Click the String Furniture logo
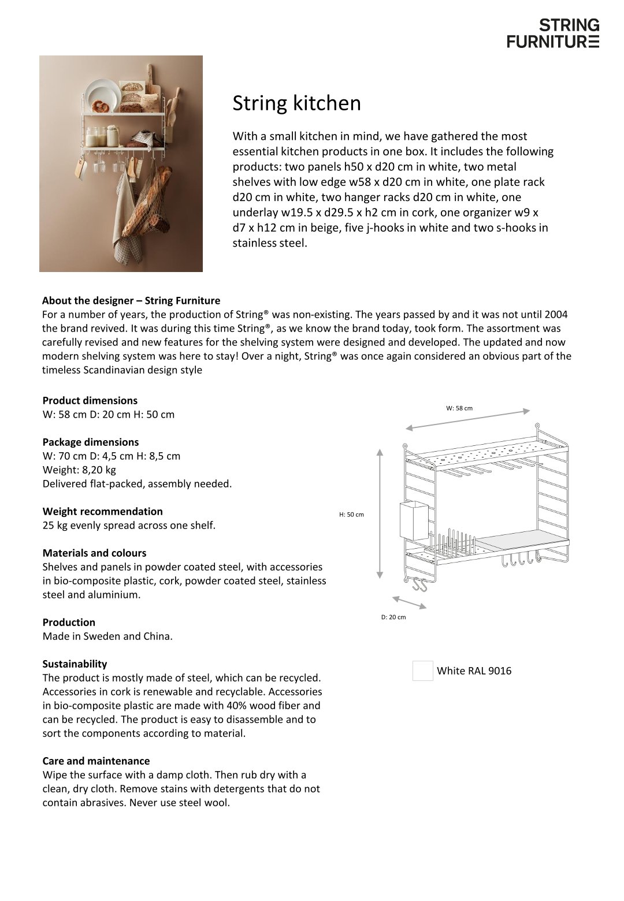tap(553, 33)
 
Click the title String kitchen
tap(296, 103)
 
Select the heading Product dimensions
tap(90, 400)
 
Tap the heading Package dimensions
tap(91, 442)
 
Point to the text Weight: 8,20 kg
tap(79, 470)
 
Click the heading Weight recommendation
tap(103, 511)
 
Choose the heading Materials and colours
tap(95, 553)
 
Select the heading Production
tap(69, 622)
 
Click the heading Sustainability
tap(75, 664)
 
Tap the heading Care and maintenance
tap(96, 761)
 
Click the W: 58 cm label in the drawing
tap(459, 408)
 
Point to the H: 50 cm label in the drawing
tap(351, 515)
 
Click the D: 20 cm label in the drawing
tap(393, 617)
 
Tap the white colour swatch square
tap(423, 671)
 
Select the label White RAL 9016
tap(474, 671)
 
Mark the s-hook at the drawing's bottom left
tap(419, 586)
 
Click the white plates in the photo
tap(102, 94)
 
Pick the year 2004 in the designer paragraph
tap(556, 315)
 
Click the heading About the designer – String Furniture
tap(131, 300)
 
